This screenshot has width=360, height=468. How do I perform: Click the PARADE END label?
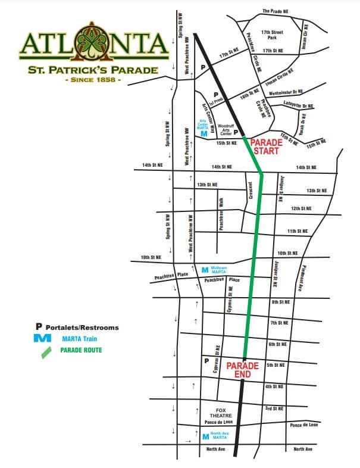point(243,370)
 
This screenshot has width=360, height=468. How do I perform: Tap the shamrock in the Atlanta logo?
point(94,43)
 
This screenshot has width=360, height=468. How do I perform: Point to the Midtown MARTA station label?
point(219,270)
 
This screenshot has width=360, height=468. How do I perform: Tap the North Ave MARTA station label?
point(220,435)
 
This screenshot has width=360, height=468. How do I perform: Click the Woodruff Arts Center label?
point(226,129)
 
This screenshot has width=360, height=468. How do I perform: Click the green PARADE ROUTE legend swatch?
point(46,350)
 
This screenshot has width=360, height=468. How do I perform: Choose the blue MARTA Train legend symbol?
point(43,338)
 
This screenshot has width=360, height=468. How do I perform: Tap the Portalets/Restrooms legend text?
point(82,327)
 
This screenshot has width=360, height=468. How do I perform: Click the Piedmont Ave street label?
point(303,278)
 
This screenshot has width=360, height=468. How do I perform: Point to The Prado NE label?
point(275,11)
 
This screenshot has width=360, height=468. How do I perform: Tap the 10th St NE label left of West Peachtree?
point(152,257)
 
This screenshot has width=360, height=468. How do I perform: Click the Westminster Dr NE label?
point(286,92)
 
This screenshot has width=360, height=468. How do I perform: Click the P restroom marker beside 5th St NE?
point(206,361)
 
